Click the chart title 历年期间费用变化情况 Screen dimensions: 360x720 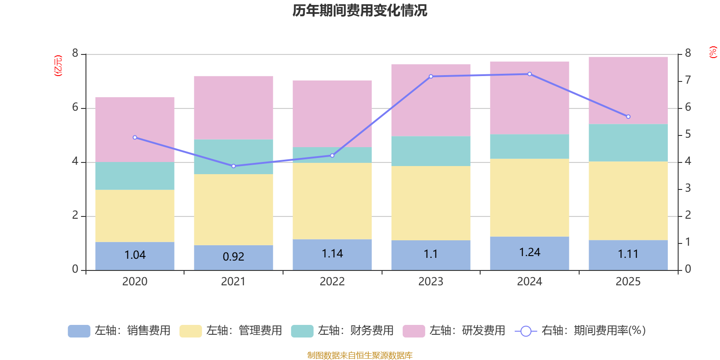click(360, 10)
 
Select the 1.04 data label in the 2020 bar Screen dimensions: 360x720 click(135, 255)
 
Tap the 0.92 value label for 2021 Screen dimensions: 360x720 click(234, 257)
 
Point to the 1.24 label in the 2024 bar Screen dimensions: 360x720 click(530, 252)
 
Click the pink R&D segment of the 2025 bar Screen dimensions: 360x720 click(628, 90)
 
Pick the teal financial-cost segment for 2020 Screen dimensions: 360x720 click(135, 176)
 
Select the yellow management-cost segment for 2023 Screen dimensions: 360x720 click(431, 203)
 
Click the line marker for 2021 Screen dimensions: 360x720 click(234, 166)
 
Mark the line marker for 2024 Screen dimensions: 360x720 click(530, 74)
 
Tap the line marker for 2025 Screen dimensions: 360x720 click(628, 117)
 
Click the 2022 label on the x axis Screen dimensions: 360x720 click(332, 282)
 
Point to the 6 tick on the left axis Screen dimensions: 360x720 click(75, 108)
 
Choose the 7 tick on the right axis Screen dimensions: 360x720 click(688, 80)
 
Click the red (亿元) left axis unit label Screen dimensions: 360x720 click(58, 66)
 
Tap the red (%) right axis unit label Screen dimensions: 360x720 click(713, 52)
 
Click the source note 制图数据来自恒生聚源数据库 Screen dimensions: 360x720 click(360, 355)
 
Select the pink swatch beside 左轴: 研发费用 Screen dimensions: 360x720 click(414, 331)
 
